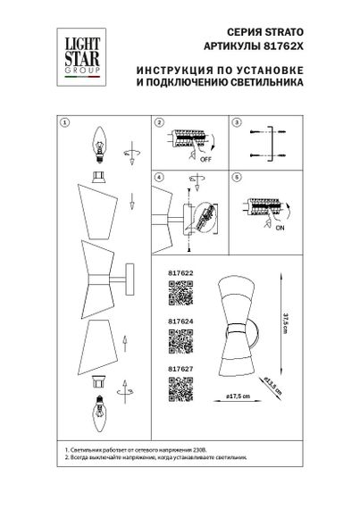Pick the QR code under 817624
tap(181, 340)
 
